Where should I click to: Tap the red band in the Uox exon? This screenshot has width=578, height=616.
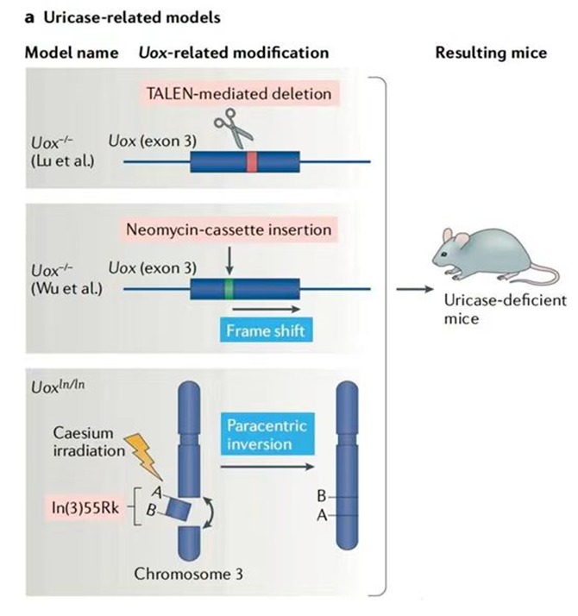click(251, 161)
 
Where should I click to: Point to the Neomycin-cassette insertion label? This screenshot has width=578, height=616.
click(229, 230)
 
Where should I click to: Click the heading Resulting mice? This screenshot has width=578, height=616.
click(491, 53)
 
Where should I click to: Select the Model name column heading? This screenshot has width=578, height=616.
click(71, 53)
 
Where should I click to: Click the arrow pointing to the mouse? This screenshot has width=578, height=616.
click(411, 289)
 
